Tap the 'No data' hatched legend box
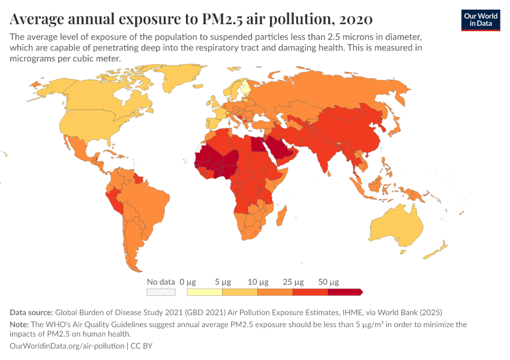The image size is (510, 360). click(x=161, y=292)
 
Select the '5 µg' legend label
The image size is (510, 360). click(x=222, y=281)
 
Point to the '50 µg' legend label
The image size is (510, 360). click(x=329, y=281)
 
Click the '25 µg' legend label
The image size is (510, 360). click(x=293, y=281)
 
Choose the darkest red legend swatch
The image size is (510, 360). click(x=344, y=292)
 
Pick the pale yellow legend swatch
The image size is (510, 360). click(x=205, y=292)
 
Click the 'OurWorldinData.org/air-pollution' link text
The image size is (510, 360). click(x=67, y=346)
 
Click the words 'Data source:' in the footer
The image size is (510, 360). click(x=31, y=312)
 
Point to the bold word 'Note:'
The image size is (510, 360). click(x=21, y=324)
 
